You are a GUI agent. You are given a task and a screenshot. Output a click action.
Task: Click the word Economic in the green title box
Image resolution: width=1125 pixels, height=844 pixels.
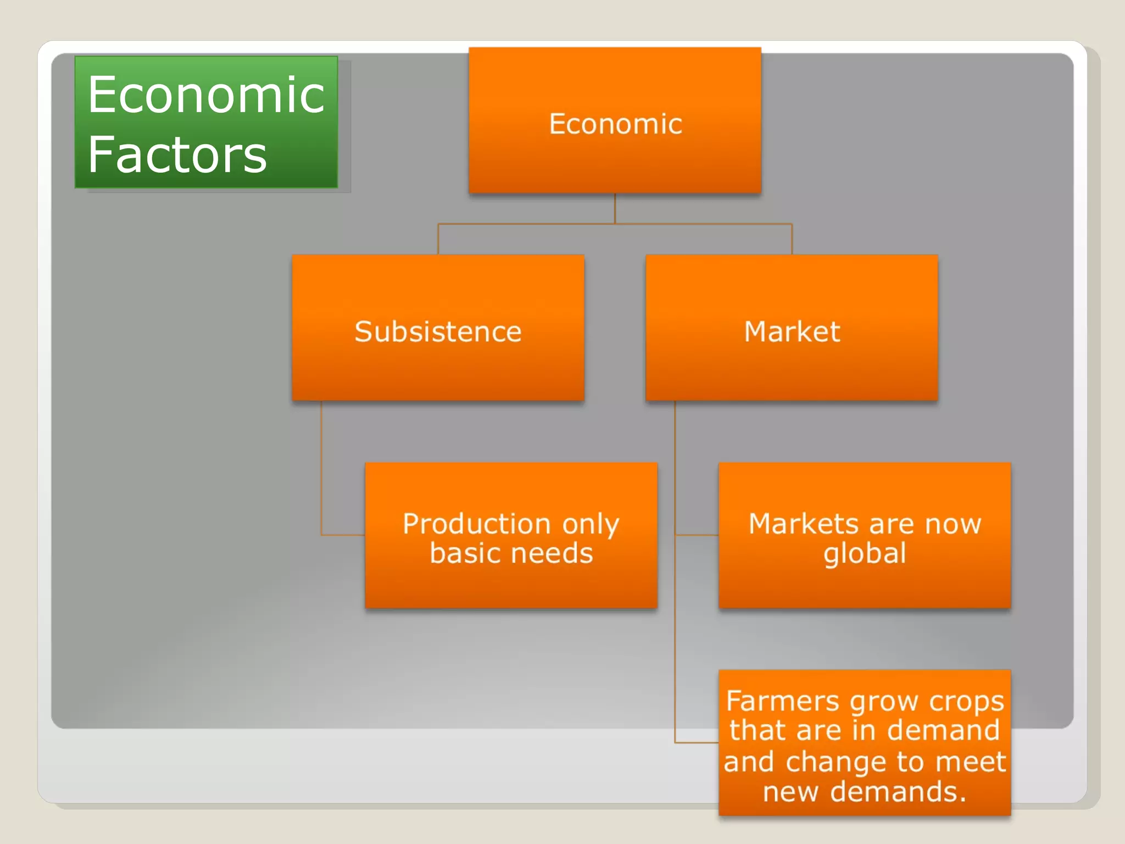click(x=206, y=96)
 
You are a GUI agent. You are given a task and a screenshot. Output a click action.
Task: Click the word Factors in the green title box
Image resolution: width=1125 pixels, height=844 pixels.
click(x=177, y=155)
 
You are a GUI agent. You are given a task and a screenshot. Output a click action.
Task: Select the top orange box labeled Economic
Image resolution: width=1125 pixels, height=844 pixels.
click(x=615, y=121)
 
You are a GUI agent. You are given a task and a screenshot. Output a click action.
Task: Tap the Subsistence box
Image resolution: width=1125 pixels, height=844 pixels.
click(x=438, y=328)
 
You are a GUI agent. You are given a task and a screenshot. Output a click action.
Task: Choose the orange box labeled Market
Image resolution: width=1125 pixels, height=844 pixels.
click(x=792, y=328)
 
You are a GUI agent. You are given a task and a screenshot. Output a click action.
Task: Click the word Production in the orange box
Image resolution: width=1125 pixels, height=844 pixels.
click(x=476, y=524)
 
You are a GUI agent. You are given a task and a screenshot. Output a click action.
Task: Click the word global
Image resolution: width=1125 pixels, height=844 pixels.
click(x=865, y=553)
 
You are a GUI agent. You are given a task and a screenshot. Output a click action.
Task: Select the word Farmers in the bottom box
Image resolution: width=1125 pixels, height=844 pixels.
click(x=783, y=702)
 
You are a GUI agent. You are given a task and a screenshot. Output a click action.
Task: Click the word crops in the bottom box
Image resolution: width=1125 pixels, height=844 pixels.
click(x=966, y=702)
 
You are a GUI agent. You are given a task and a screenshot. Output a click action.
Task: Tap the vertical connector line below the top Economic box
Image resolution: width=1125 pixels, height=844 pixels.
click(x=615, y=209)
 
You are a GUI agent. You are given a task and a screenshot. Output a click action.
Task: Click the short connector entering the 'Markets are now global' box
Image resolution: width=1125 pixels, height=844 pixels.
click(x=697, y=535)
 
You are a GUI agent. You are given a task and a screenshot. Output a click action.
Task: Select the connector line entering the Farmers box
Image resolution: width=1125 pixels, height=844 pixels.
click(x=697, y=742)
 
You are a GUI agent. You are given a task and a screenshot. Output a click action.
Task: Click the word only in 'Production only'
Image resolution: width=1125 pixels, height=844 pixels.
click(x=591, y=525)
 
